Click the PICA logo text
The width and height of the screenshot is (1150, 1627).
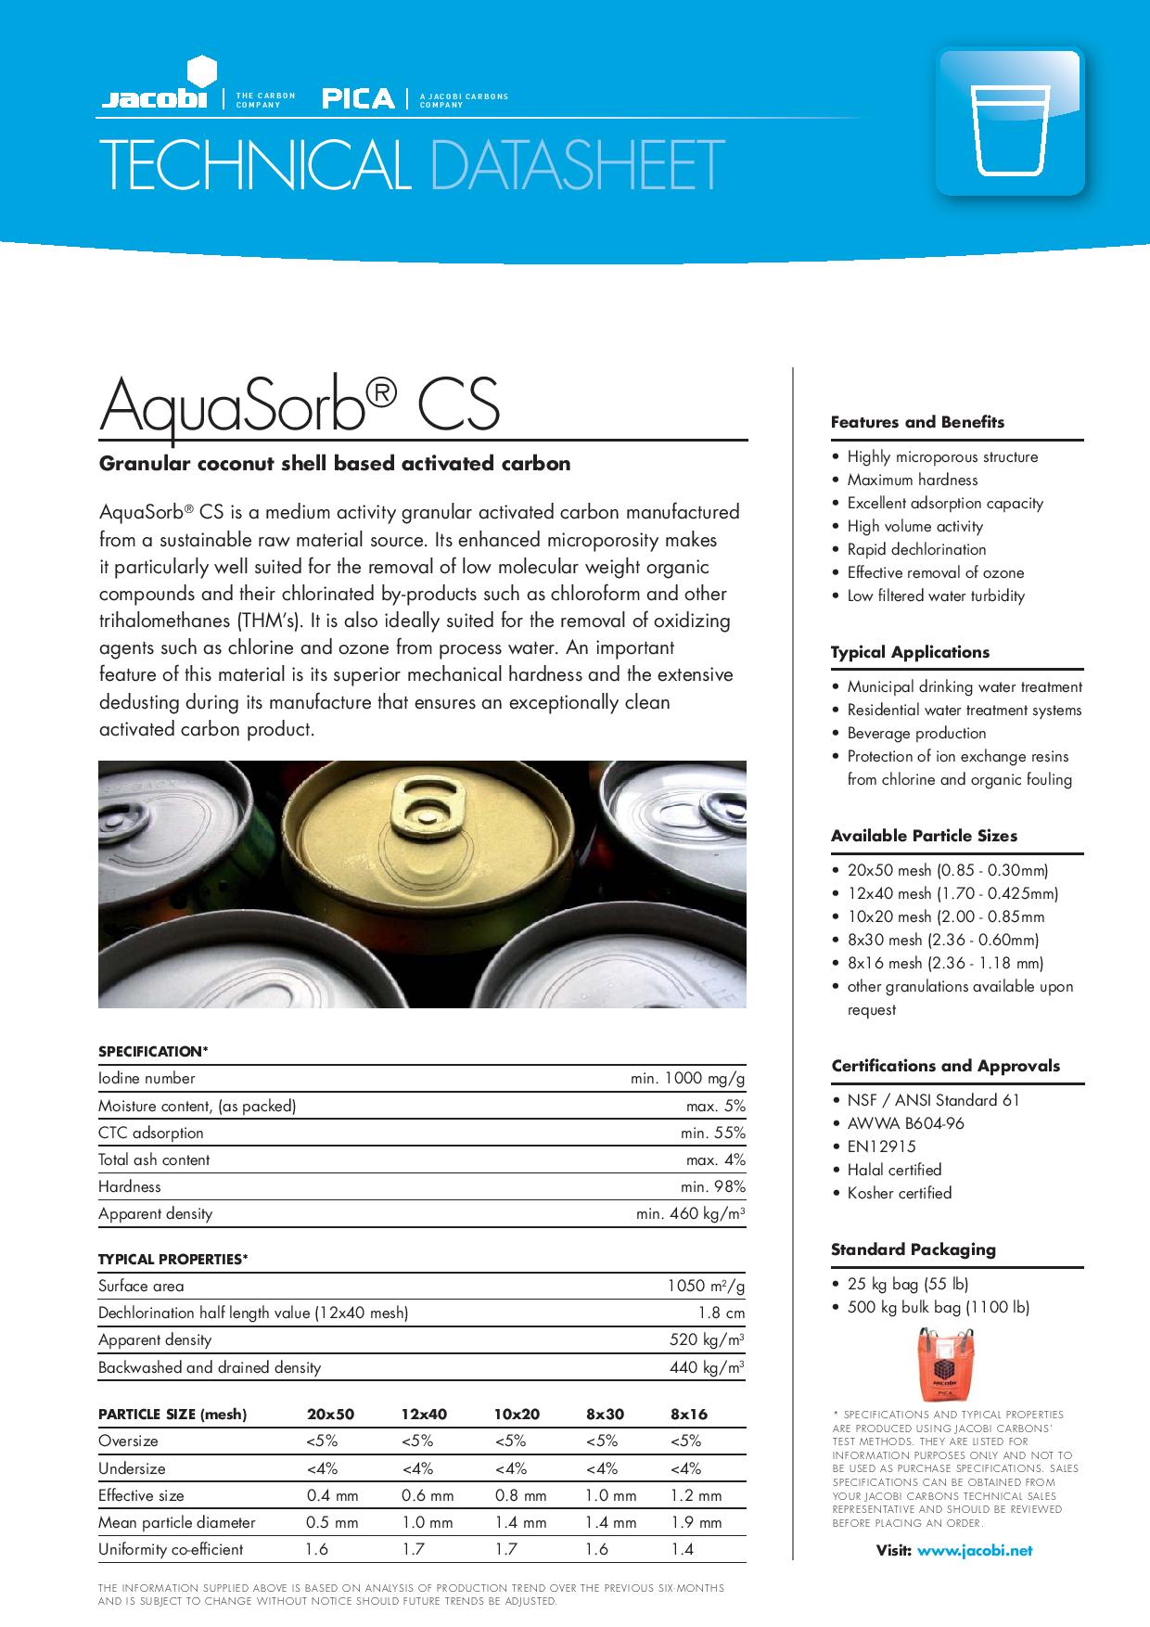coord(358,98)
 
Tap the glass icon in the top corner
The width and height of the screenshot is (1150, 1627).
coord(1010,122)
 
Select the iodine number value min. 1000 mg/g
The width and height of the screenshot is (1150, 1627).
coord(687,1079)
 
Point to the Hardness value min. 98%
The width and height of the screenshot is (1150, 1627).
coord(712,1187)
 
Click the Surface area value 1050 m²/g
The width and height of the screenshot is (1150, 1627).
coord(706,1287)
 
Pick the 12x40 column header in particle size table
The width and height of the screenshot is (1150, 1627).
coord(424,1415)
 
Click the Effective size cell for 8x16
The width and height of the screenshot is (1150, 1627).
coord(696,1495)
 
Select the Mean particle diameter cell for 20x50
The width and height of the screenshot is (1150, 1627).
coord(332,1522)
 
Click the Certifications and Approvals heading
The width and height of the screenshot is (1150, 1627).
coord(945,1066)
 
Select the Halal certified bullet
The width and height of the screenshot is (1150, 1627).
coord(894,1170)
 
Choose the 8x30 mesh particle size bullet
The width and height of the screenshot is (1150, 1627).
coord(942,940)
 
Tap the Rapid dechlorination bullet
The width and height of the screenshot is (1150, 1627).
coord(916,549)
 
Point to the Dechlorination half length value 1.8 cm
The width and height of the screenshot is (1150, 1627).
coord(722,1313)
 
